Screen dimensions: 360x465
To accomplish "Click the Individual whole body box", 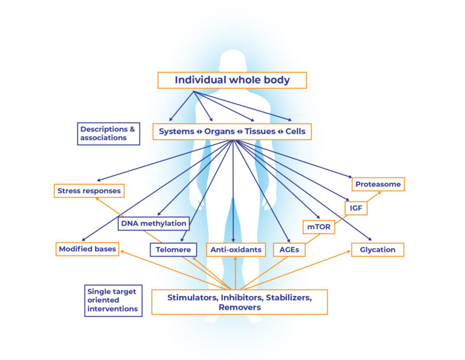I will click(x=232, y=80).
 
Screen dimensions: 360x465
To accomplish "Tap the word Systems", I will click(x=177, y=131).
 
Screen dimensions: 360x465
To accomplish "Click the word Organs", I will click(x=219, y=131).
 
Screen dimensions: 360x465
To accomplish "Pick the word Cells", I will click(x=295, y=131).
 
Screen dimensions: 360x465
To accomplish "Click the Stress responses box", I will click(x=89, y=191).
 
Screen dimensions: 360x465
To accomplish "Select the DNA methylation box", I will click(x=153, y=223).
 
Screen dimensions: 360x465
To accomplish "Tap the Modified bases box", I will click(x=87, y=249).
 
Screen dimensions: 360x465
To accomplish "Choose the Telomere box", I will click(x=174, y=249).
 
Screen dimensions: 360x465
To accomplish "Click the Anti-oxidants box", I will click(x=236, y=249).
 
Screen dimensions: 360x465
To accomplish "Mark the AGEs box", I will click(x=289, y=249).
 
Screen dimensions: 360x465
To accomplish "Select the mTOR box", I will click(x=318, y=227).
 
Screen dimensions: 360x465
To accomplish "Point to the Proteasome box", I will click(x=378, y=184).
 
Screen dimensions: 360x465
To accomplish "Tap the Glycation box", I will click(x=377, y=249).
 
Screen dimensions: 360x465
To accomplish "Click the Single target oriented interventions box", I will click(x=113, y=300).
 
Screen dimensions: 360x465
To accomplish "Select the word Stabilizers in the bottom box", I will click(x=282, y=297).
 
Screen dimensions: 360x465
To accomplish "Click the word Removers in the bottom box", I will click(x=239, y=307).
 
